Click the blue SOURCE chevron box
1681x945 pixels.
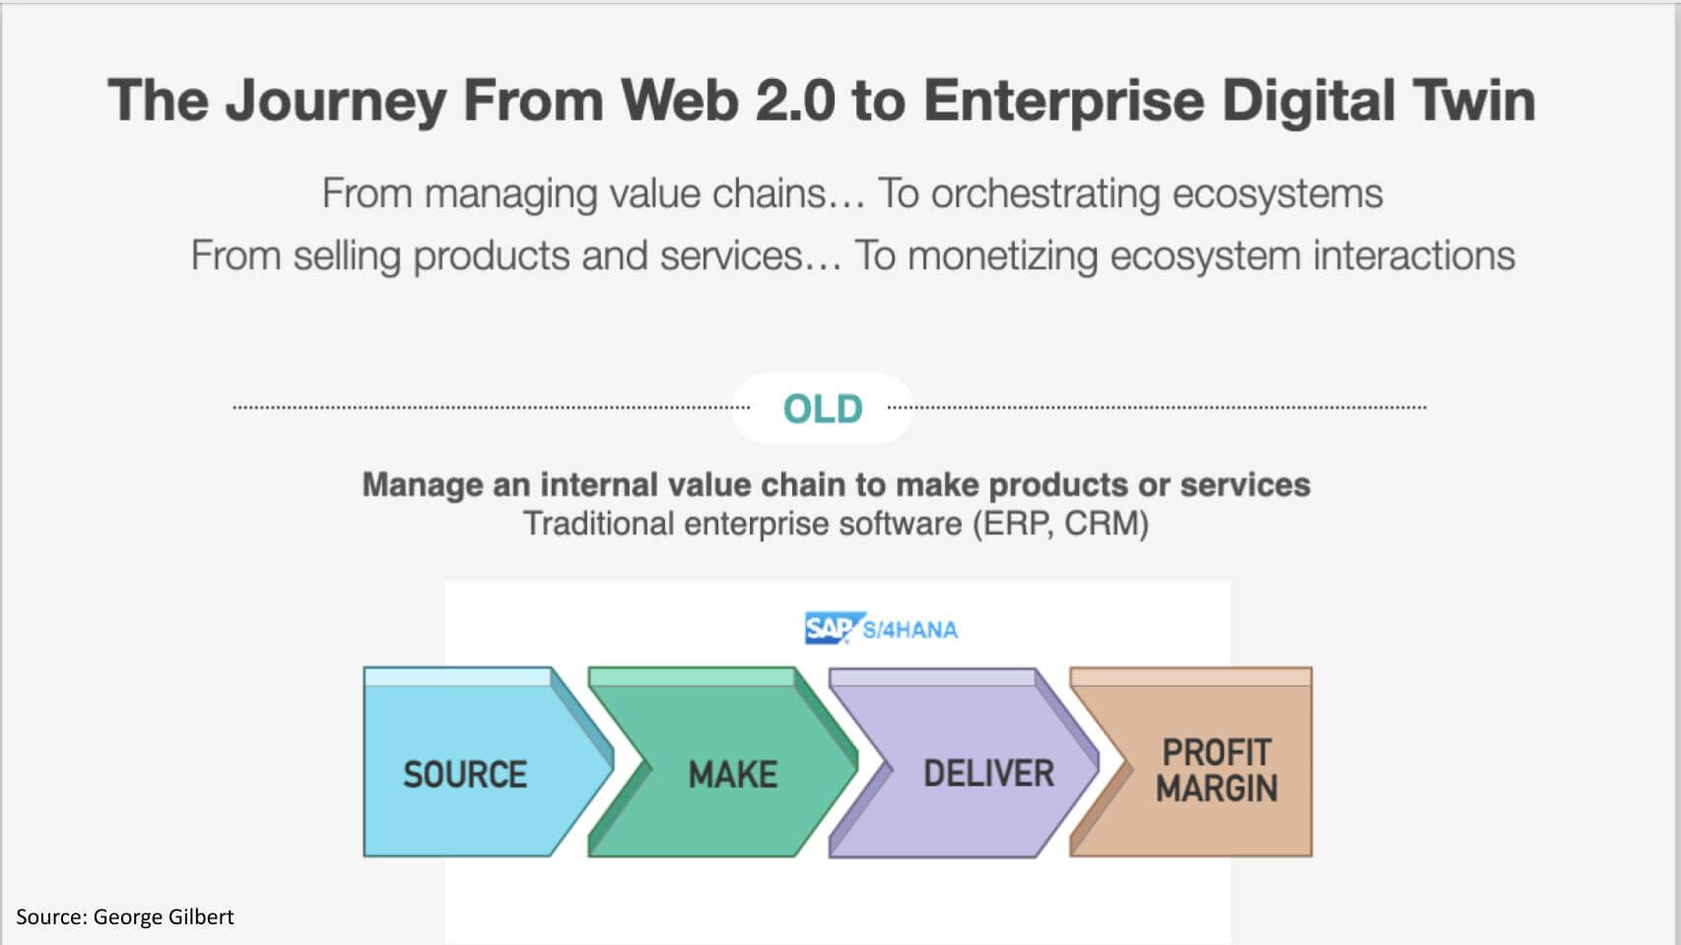pyautogui.click(x=465, y=773)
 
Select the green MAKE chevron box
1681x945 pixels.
pyautogui.click(x=732, y=773)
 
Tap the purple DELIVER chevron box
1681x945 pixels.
pyautogui.click(x=987, y=773)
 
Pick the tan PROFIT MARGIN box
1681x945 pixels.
pyautogui.click(x=1216, y=771)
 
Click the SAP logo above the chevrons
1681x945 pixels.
pyautogui.click(x=828, y=628)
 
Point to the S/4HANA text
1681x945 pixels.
pyautogui.click(x=910, y=630)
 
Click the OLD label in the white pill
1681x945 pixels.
pyautogui.click(x=823, y=408)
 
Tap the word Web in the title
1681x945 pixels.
pyautogui.click(x=679, y=101)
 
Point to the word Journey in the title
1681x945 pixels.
pyautogui.click(x=335, y=102)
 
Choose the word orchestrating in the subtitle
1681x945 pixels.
pyautogui.click(x=1045, y=194)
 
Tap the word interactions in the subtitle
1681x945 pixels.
pyautogui.click(x=1413, y=256)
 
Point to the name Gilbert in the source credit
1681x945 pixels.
pyautogui.click(x=200, y=917)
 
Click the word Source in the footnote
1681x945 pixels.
pyautogui.click(x=49, y=917)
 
